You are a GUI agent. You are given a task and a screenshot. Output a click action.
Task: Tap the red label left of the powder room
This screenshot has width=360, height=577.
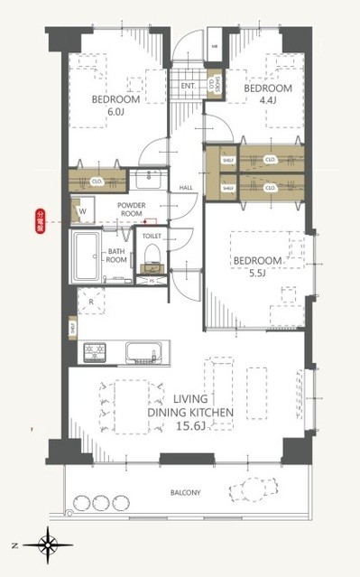tap(40, 221)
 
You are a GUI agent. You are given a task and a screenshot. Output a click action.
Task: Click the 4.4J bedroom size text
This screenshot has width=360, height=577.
tap(268, 103)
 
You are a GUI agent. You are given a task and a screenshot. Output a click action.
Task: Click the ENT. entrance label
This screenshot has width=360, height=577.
tap(188, 86)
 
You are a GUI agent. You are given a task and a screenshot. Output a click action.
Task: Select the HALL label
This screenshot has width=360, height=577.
tap(187, 188)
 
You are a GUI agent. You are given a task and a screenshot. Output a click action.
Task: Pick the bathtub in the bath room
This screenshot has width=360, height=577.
tap(89, 257)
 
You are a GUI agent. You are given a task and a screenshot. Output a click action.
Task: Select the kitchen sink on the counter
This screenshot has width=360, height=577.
tap(143, 350)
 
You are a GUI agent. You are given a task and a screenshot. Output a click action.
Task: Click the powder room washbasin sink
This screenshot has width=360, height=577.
tap(145, 181)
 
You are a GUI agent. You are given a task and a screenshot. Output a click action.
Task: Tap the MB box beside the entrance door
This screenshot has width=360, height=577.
tap(214, 44)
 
